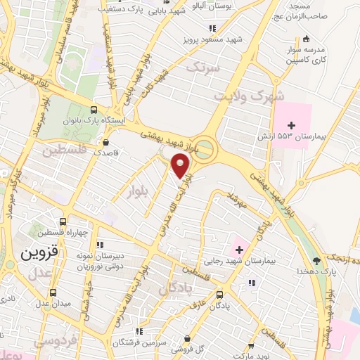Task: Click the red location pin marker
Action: click(x=182, y=167)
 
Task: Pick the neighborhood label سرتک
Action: click(x=204, y=68)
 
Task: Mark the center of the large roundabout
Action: click(x=203, y=148)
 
